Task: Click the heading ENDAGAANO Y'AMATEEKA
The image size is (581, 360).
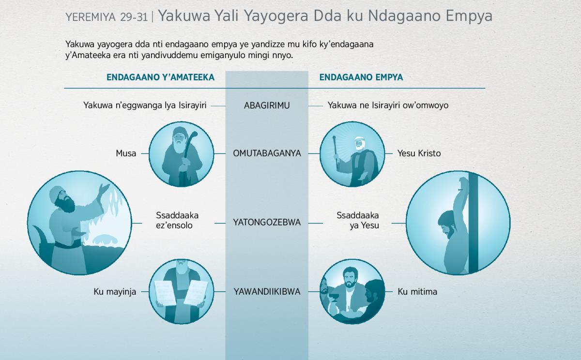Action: pyautogui.click(x=160, y=77)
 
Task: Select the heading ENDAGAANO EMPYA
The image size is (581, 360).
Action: pyautogui.click(x=361, y=77)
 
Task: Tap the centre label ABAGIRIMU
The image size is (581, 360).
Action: pyautogui.click(x=267, y=105)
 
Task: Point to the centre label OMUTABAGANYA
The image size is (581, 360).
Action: pyautogui.click(x=267, y=153)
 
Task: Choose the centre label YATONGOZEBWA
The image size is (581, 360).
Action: pyautogui.click(x=267, y=223)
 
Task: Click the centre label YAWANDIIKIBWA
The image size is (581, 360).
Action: pyautogui.click(x=267, y=292)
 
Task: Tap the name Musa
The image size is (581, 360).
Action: pyautogui.click(x=126, y=153)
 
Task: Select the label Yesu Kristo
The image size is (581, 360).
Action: pyautogui.click(x=419, y=153)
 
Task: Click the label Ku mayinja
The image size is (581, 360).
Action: pyautogui.click(x=115, y=292)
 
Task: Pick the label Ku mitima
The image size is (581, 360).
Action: pyautogui.click(x=417, y=292)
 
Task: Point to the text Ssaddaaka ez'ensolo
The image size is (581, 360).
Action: pyautogui.click(x=177, y=220)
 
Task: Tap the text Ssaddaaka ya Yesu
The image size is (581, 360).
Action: pyautogui.click(x=358, y=220)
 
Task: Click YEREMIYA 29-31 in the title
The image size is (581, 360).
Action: pyautogui.click(x=107, y=17)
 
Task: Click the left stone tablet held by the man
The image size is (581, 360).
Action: pyautogui.click(x=165, y=293)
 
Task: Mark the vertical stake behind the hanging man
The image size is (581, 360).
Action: pyautogui.click(x=473, y=223)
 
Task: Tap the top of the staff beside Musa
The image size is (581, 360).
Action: pyautogui.click(x=194, y=134)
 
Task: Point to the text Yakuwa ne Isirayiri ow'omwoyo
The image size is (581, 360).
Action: pyautogui.click(x=388, y=105)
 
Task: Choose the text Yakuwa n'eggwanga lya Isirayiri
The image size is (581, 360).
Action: pyautogui.click(x=145, y=105)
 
